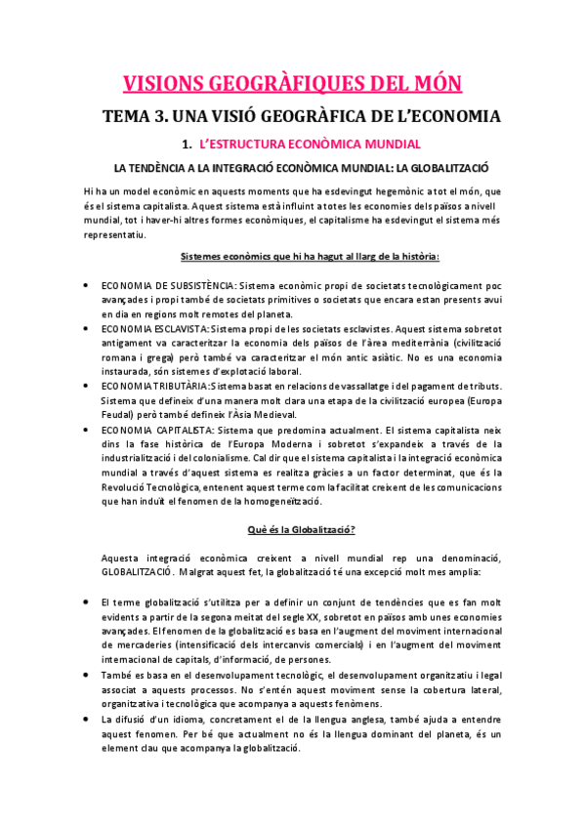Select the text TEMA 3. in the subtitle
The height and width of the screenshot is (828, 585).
pyautogui.click(x=160, y=117)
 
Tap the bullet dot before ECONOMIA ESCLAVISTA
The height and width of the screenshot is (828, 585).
pyautogui.click(x=88, y=329)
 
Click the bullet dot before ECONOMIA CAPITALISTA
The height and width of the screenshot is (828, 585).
pyautogui.click(x=88, y=429)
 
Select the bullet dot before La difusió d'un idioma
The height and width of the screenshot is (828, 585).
pyautogui.click(x=88, y=720)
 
